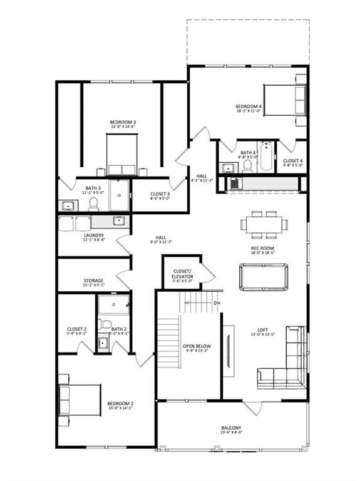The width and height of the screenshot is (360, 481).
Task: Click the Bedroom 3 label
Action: click(123, 122)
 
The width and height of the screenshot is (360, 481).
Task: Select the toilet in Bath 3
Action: click(95, 204)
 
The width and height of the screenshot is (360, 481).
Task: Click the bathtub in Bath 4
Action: click(266, 157)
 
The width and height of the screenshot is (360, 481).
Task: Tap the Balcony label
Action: click(231, 428)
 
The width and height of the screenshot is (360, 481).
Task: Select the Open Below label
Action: click(197, 346)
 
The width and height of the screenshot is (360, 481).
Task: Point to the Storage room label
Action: click(93, 281)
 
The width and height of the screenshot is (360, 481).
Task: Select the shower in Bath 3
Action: click(119, 195)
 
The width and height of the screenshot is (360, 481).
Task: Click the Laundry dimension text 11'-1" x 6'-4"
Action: click(93, 241)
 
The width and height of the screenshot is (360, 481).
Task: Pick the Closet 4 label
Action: click(292, 161)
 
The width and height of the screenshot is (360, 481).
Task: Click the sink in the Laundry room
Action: click(118, 220)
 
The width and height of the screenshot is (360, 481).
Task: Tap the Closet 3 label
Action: click(160, 194)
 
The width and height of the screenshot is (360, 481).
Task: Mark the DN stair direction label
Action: click(217, 304)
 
